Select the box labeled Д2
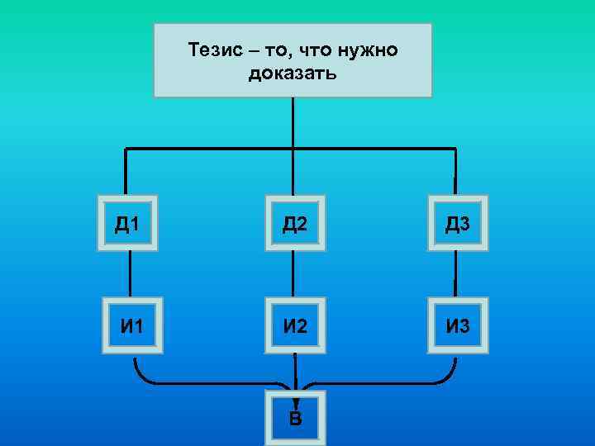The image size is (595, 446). pyautogui.click(x=294, y=223)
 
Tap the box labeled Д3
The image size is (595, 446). pyautogui.click(x=458, y=223)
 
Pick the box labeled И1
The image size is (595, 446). pyautogui.click(x=131, y=325)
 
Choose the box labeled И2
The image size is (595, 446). pyautogui.click(x=294, y=325)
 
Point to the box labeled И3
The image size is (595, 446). pyautogui.click(x=458, y=325)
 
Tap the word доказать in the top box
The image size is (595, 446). pyautogui.click(x=292, y=74)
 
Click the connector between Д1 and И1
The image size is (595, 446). pyautogui.click(x=130, y=273)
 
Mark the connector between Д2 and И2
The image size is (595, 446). pyautogui.click(x=293, y=273)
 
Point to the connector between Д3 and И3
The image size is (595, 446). pyautogui.click(x=455, y=273)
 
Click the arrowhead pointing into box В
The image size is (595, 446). pyautogui.click(x=295, y=386)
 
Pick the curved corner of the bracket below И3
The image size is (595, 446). pyautogui.click(x=448, y=376)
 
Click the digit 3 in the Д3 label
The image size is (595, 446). pyautogui.click(x=466, y=223)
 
